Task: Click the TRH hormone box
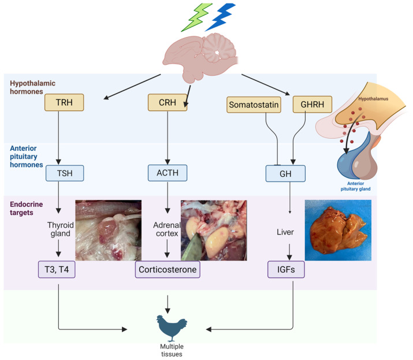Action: tap(64, 103)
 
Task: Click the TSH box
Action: tap(64, 173)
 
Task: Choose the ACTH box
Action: tap(168, 173)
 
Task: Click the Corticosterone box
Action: tap(168, 269)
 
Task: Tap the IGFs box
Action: tap(287, 269)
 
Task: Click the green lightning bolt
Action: tap(196, 17)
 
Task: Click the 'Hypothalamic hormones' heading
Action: tap(32, 87)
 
